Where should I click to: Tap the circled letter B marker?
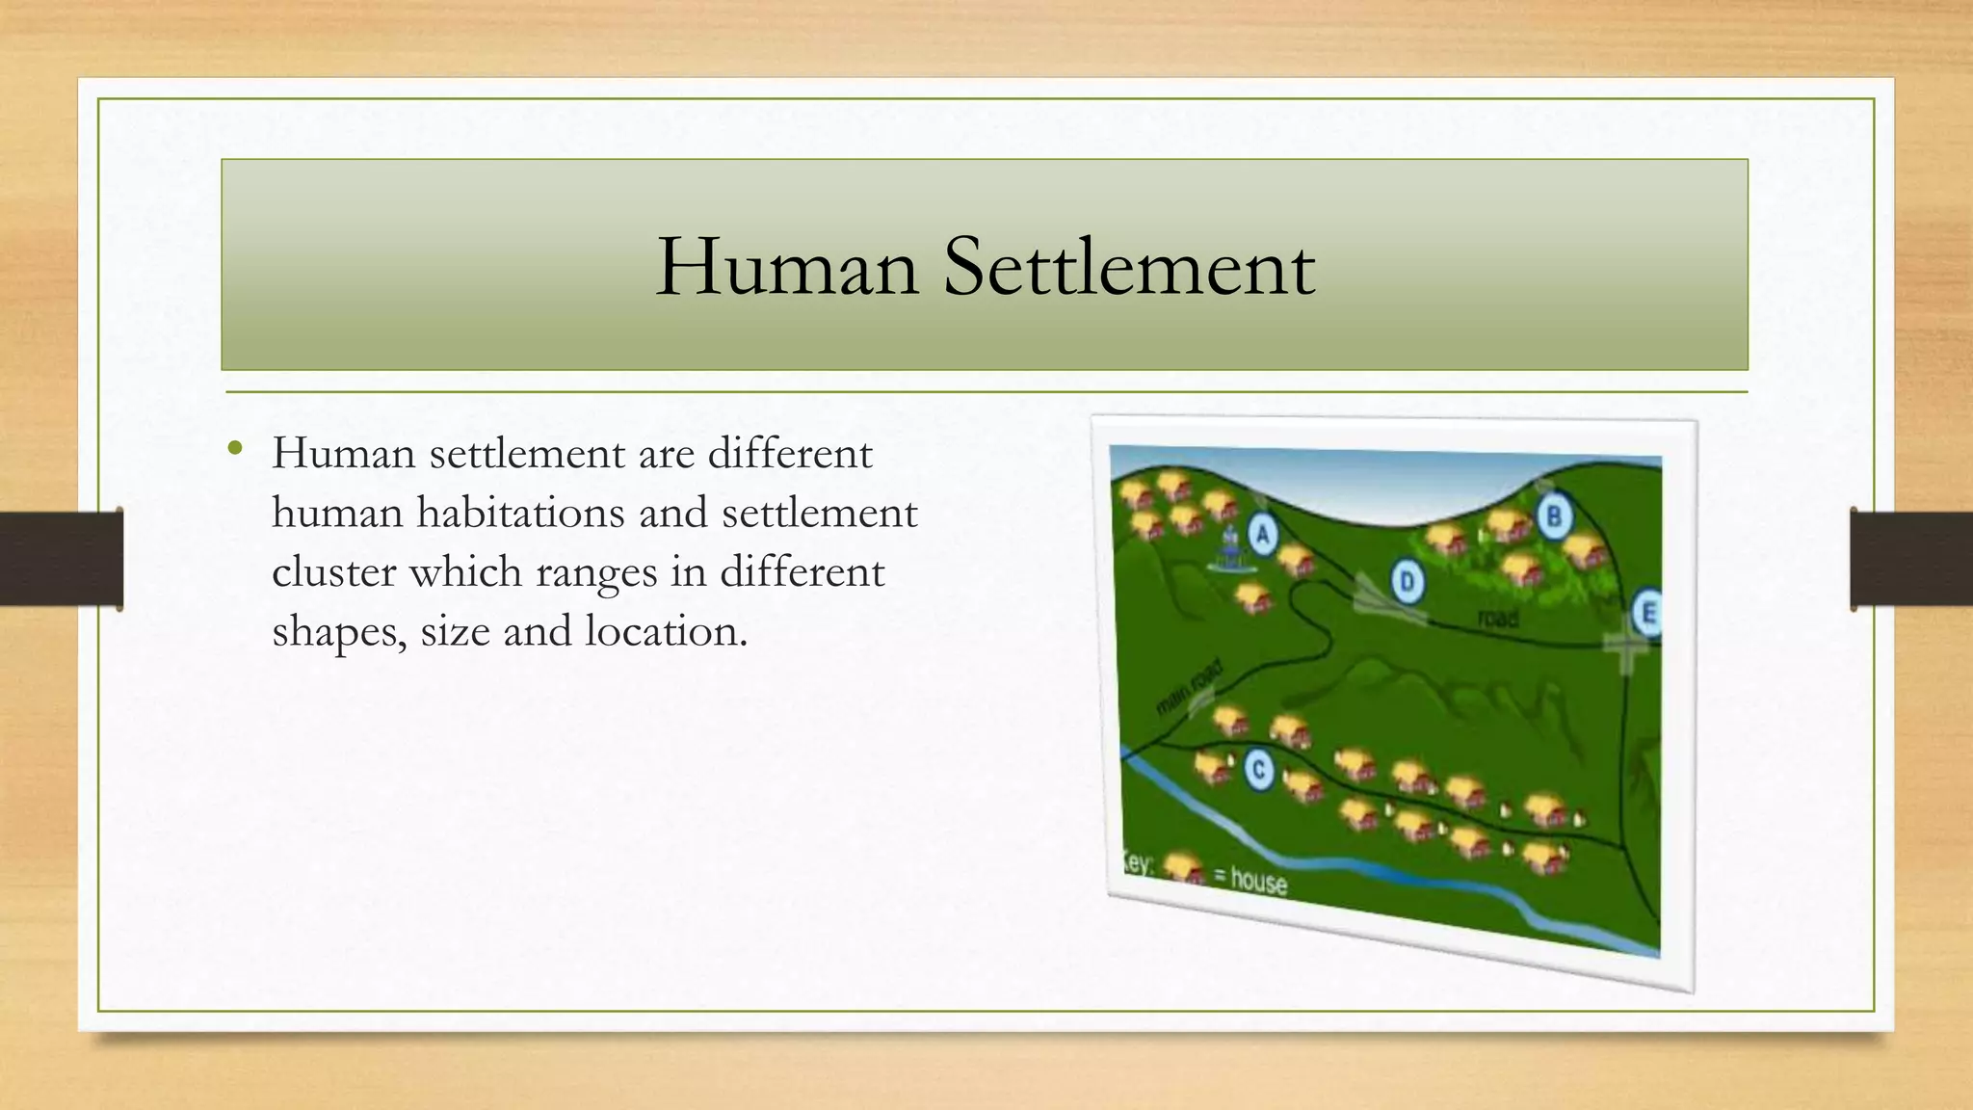coord(1553,516)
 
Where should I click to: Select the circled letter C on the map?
coord(1258,770)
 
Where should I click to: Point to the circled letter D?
coord(1407,582)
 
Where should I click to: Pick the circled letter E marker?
coord(1646,613)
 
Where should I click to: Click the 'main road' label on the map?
coord(1189,687)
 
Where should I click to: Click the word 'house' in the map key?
coord(1257,880)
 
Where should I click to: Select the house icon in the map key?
coord(1184,868)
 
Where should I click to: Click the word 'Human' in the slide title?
coord(786,266)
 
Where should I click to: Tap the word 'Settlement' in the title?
coord(1128,266)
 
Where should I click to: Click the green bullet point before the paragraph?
coord(234,448)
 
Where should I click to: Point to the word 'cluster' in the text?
coord(333,571)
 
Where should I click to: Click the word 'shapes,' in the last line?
coord(339,632)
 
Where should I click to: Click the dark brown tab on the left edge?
coord(61,559)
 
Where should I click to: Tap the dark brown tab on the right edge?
coord(1911,559)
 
